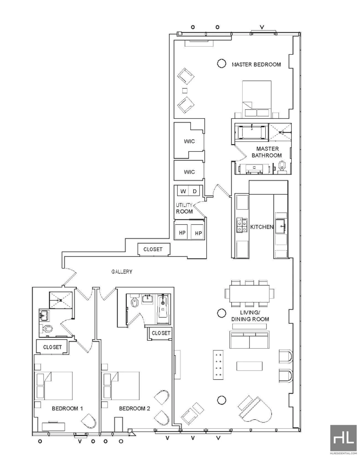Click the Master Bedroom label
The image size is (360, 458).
pos(256,65)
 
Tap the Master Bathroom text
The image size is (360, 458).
pos(267,152)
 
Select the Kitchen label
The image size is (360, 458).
pos(262,227)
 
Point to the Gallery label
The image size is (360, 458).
pos(122,272)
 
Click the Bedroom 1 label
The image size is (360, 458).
pos(67,408)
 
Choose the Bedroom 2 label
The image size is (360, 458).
pos(134,408)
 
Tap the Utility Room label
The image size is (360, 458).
pos(184,208)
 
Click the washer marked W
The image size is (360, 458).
pos(183,191)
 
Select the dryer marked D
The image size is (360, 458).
pos(194,191)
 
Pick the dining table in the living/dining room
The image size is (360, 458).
pos(250,293)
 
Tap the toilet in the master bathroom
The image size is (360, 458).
pos(282,167)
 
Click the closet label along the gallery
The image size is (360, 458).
pos(153,249)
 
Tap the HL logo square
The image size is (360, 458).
pos(343,438)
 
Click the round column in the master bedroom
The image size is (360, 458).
pos(221,63)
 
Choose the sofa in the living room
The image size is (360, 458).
pos(250,340)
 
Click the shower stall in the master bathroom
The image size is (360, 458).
pos(280,132)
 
